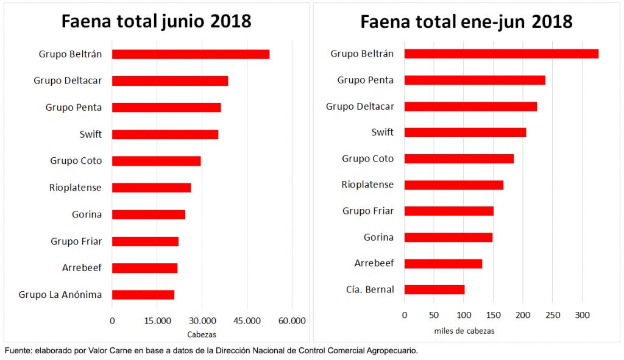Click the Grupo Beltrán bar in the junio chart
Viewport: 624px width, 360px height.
click(191, 54)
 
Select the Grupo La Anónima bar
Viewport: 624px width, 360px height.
click(143, 295)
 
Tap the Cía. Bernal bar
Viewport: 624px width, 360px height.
click(434, 289)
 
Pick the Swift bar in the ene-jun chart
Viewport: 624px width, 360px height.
click(465, 132)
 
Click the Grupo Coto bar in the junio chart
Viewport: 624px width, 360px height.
click(157, 161)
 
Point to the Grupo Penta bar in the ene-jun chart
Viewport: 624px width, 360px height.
click(475, 80)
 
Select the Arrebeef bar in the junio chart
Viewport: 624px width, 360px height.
click(145, 268)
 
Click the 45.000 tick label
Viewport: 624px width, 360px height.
click(247, 321)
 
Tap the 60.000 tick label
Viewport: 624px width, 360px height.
click(292, 321)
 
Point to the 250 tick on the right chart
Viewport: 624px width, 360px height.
click(553, 316)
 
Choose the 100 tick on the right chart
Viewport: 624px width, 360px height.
click(464, 316)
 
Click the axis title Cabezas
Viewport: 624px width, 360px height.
click(202, 334)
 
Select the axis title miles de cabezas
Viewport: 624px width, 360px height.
click(464, 331)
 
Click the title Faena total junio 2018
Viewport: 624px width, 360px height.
click(156, 21)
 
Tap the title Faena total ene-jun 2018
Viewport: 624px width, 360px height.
click(466, 22)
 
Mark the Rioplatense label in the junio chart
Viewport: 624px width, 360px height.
click(76, 188)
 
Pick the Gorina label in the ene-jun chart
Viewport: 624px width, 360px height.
click(378, 237)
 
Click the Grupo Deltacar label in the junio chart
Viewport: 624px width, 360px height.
click(68, 80)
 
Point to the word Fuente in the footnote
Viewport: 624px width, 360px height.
click(17, 351)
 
